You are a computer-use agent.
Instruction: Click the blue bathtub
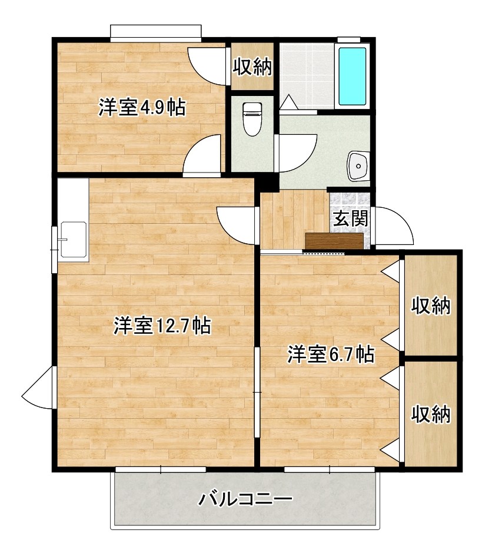pos(352,76)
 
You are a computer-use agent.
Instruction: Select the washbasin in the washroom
pos(358,165)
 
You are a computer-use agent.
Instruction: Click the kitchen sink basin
pos(74,240)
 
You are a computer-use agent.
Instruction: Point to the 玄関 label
pos(351,218)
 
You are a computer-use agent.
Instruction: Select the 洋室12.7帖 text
pos(162,325)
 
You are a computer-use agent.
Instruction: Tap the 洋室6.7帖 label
pos(331,354)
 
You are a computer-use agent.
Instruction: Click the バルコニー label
pos(245,499)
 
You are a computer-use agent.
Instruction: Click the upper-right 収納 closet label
pos(431,306)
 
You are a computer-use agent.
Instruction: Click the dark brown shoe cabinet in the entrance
pos(334,241)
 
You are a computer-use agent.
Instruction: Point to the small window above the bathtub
pos(349,39)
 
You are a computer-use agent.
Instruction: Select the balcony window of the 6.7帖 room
pos(330,469)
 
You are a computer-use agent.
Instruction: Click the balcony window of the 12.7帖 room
pos(161,469)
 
